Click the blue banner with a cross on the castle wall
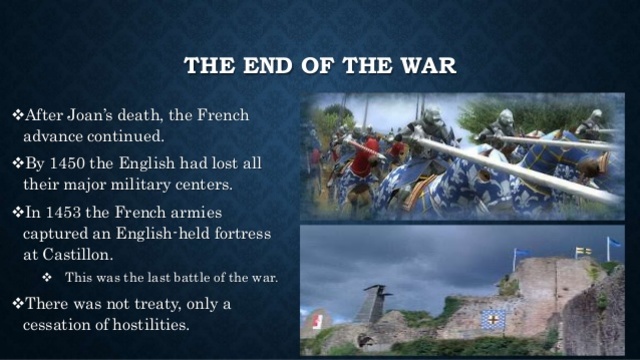494,318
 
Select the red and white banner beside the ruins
317,321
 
